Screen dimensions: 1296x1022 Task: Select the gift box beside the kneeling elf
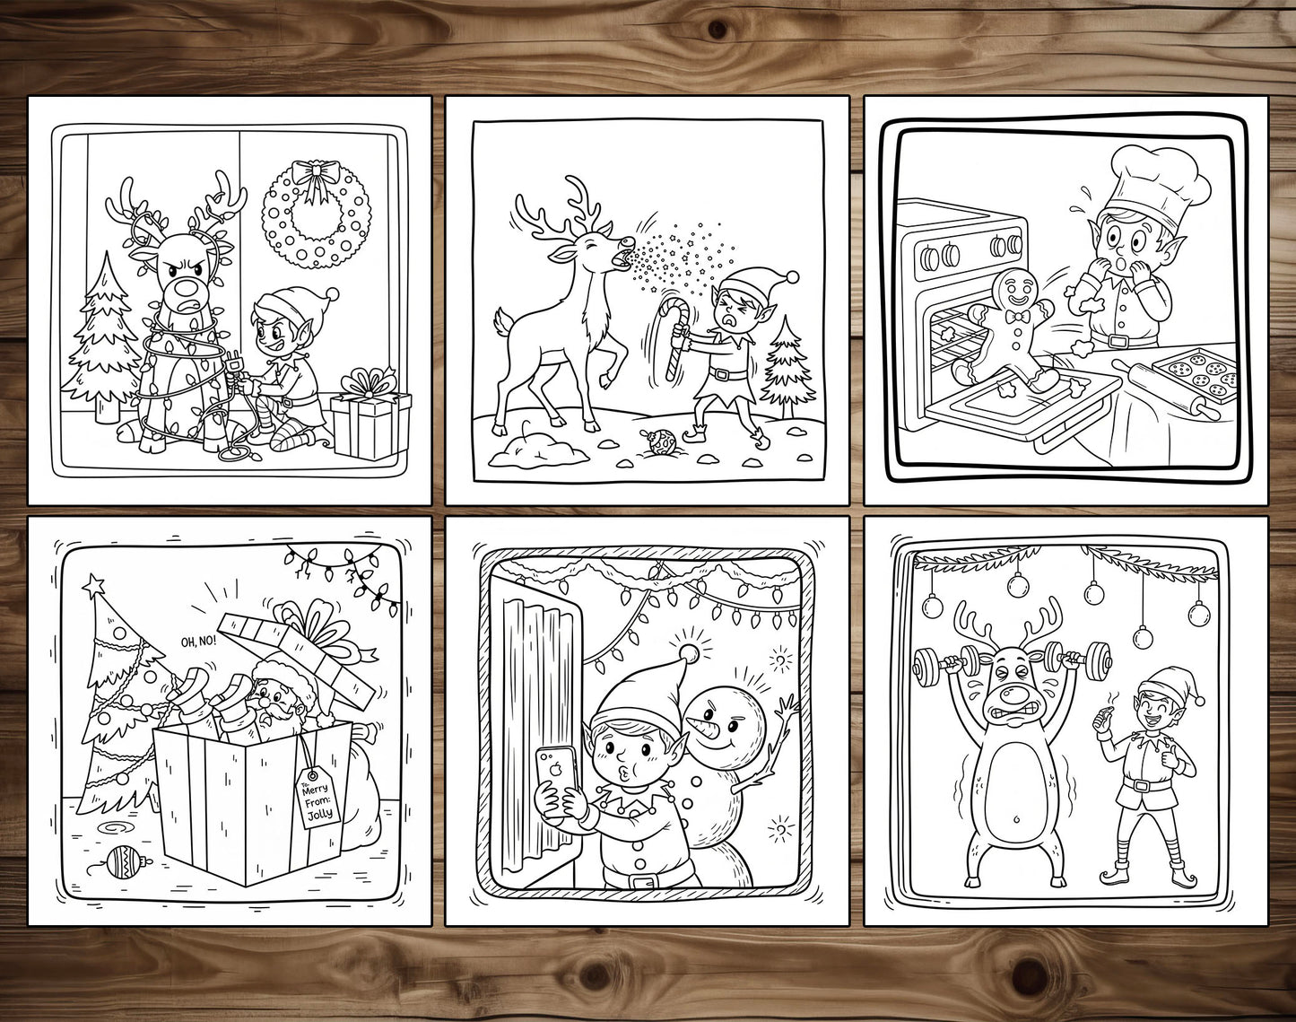pos(370,420)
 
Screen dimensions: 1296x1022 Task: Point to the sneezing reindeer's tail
pos(502,323)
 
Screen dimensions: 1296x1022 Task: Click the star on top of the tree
pos(94,582)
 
